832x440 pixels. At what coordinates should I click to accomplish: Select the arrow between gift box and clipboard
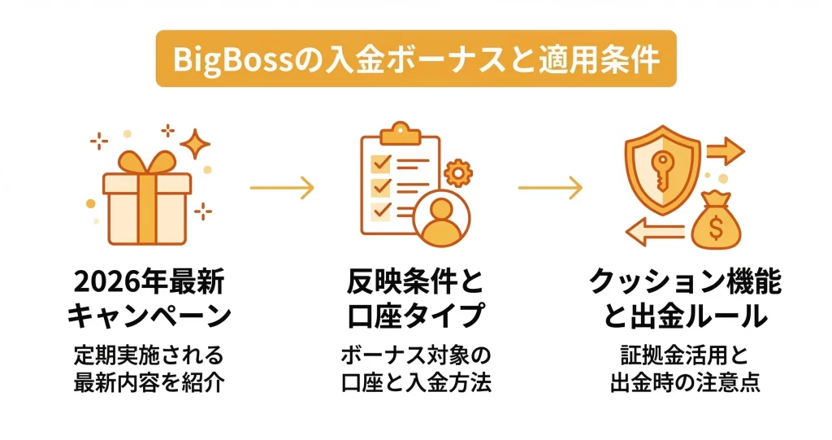(x=281, y=189)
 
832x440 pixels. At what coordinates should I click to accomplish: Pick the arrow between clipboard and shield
(x=550, y=189)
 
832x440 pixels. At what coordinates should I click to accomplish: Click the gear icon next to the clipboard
(x=459, y=173)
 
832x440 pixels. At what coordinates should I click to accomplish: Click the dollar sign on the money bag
(x=715, y=229)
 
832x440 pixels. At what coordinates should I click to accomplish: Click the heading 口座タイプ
(x=416, y=316)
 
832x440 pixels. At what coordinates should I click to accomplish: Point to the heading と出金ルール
(x=685, y=316)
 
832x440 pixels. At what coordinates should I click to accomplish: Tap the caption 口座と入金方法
(x=416, y=383)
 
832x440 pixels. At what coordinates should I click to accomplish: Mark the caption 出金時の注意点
(x=685, y=383)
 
